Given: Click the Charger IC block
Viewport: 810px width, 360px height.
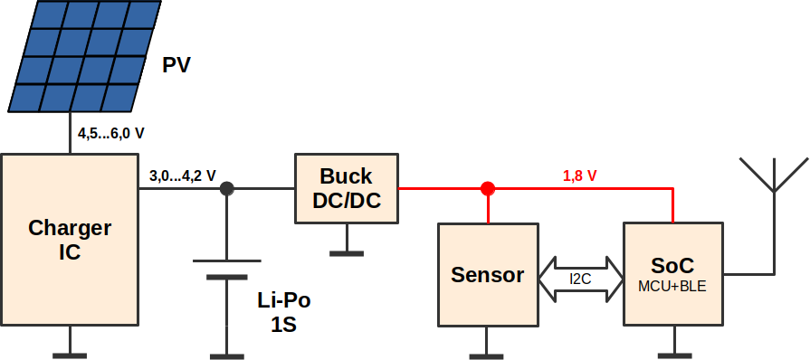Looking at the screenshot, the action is click(x=70, y=240).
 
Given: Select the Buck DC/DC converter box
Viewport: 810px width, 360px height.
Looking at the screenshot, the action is click(x=347, y=188).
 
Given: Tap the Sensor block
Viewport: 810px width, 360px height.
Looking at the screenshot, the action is click(x=488, y=275).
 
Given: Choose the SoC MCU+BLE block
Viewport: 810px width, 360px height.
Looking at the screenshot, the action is click(x=673, y=274).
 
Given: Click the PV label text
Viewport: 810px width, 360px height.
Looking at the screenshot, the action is click(x=176, y=66).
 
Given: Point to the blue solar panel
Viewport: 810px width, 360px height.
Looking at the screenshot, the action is click(x=85, y=56).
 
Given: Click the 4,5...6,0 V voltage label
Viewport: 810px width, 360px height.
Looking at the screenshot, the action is click(x=111, y=134).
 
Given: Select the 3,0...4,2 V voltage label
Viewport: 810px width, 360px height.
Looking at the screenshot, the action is click(x=182, y=175).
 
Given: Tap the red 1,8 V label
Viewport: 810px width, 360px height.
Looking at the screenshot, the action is click(x=579, y=175).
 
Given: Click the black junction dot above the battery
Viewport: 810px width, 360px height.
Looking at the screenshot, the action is click(x=227, y=188).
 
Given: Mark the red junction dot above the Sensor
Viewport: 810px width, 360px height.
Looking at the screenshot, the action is click(x=488, y=188).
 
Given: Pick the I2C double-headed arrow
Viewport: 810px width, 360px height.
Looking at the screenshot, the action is click(x=581, y=279).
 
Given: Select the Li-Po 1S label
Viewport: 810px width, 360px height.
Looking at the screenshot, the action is click(x=284, y=312).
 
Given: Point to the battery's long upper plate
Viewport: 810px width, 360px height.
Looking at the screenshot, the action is click(x=227, y=261).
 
